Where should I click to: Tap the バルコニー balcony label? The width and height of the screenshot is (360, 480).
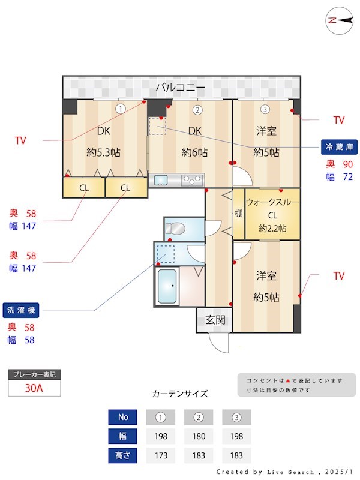coord(180,88)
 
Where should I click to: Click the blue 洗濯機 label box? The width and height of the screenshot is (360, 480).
coord(21,310)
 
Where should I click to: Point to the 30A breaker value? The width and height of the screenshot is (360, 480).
coord(34,388)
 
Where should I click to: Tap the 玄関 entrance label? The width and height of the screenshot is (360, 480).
coord(215,320)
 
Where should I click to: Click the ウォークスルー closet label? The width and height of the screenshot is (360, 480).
coord(272,203)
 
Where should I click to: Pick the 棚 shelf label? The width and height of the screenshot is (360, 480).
coord(238,214)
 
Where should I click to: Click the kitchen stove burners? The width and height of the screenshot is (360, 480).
coord(192,179)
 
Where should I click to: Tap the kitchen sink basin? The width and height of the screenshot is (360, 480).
coord(161,179)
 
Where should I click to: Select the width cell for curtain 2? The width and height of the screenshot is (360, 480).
coord(199,436)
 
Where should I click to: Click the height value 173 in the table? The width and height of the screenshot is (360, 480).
coord(160,455)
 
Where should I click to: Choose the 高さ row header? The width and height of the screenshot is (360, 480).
coord(122,455)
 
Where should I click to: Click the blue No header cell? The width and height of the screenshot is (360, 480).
coord(122,417)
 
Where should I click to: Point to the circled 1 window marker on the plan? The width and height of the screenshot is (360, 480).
coord(121,109)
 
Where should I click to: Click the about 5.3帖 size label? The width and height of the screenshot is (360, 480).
coord(103,152)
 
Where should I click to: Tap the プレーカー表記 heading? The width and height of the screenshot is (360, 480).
coord(34,374)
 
